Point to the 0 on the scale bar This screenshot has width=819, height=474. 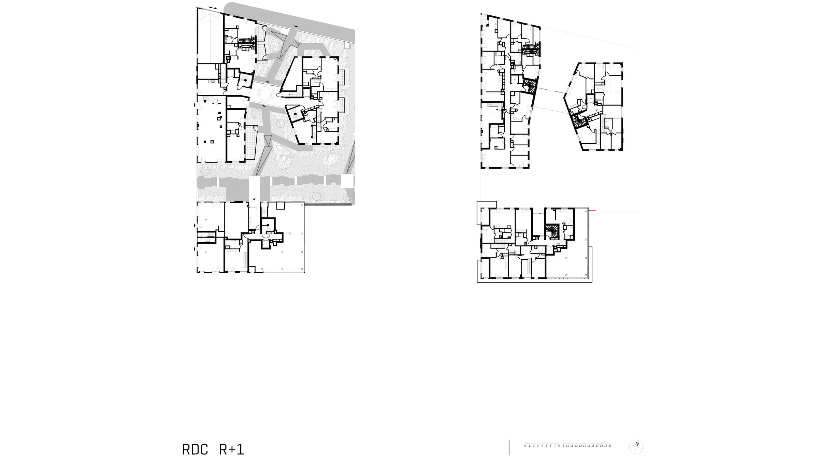pyautogui.click(x=525, y=446)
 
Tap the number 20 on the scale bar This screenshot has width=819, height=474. pyautogui.click(x=609, y=446)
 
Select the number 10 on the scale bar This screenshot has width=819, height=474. pyautogui.click(x=567, y=446)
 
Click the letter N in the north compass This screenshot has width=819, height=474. pyautogui.click(x=637, y=444)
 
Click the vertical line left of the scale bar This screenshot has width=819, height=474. pyautogui.click(x=510, y=447)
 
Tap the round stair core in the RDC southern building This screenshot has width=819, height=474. pyautogui.click(x=268, y=225)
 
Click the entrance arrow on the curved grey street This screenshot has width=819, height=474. pyautogui.click(x=296, y=26)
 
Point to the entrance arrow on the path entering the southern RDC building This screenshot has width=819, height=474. pyautogui.click(x=254, y=199)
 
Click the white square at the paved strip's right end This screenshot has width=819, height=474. pyautogui.click(x=347, y=181)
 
